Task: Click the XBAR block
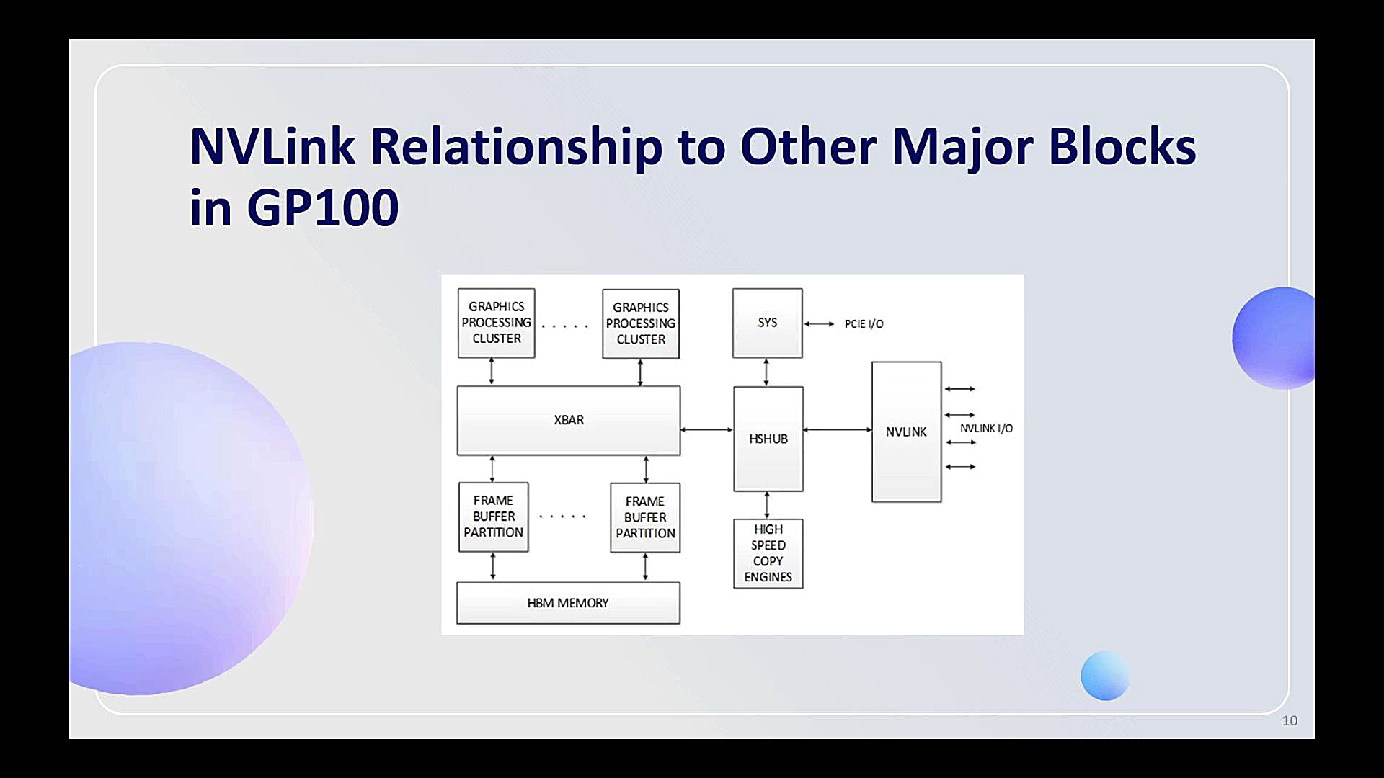coord(569,421)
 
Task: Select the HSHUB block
coord(768,439)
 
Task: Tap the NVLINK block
coord(907,432)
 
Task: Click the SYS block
coord(768,323)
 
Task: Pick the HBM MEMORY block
coord(568,603)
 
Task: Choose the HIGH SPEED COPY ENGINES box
coord(768,553)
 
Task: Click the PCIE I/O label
coord(864,324)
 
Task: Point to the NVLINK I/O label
coord(986,429)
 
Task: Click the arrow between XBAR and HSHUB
coord(706,429)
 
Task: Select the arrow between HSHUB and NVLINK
coord(838,429)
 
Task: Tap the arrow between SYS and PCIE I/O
coord(819,324)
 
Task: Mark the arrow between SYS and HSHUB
coord(766,372)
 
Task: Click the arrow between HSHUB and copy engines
coord(767,505)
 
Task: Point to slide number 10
coord(1290,721)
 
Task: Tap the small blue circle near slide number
coord(1105,676)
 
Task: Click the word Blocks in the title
coord(1122,146)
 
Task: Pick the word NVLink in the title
coord(272,146)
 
